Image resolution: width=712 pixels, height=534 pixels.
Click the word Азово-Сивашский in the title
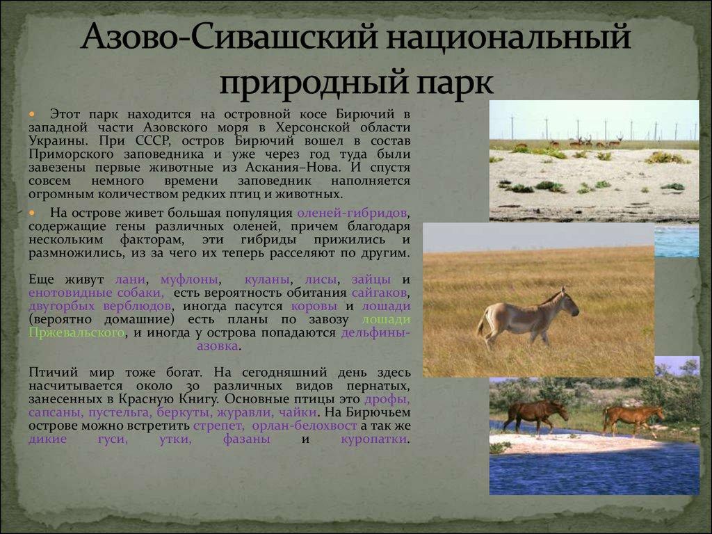click(x=229, y=36)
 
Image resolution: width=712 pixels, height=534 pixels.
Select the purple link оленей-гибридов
click(x=352, y=213)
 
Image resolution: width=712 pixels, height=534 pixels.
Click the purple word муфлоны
click(x=189, y=280)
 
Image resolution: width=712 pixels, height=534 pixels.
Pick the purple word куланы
click(x=266, y=280)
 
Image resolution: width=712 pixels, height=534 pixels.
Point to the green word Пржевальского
click(x=76, y=332)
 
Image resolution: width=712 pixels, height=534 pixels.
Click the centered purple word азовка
click(x=217, y=346)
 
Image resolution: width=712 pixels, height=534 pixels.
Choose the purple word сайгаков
click(x=379, y=293)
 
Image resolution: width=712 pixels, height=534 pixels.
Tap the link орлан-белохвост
click(x=305, y=426)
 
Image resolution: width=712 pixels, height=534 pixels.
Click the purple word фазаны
click(x=247, y=439)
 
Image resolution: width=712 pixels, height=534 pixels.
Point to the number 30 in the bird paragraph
click(x=193, y=387)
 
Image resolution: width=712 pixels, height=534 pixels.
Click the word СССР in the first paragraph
click(x=152, y=140)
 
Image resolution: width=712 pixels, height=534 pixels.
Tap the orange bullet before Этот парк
click(x=32, y=114)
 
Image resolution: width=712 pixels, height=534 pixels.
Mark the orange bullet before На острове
click(x=32, y=213)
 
